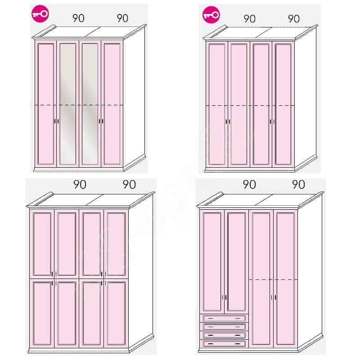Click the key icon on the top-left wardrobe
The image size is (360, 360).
tap(40, 14)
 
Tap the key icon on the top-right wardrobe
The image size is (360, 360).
tap(211, 15)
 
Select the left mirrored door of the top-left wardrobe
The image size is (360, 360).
tap(68, 103)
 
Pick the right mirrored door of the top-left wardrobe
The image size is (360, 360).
tap(90, 103)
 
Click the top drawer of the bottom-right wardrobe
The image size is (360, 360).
tap(224, 318)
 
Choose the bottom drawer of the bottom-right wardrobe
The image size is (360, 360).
tap(224, 343)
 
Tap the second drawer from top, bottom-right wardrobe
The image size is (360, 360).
tap(224, 327)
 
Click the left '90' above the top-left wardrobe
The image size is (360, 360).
tap(78, 18)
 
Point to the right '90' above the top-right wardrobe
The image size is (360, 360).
tap(294, 18)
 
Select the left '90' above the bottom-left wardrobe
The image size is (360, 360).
tap(80, 184)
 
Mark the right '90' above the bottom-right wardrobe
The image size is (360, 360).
tap(298, 184)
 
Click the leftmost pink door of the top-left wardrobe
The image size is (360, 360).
tap(46, 103)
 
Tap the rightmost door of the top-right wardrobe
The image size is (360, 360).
tap(283, 104)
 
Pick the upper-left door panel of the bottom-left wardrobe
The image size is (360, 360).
tap(42, 243)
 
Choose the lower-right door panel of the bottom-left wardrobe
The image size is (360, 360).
tap(116, 313)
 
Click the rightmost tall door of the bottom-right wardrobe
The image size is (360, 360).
tap(286, 278)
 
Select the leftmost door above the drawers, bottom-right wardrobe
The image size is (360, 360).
tap(212, 261)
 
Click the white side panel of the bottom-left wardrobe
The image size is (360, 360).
tap(140, 271)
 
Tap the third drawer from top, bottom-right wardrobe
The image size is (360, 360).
tap(224, 335)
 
